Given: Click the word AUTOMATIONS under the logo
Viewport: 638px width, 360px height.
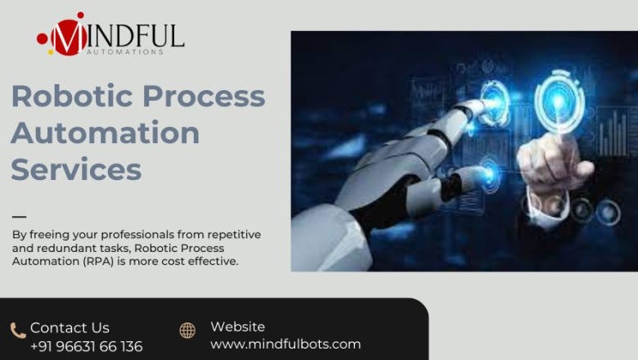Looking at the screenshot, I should click(x=125, y=52).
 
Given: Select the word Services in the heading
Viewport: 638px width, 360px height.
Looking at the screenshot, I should click(x=76, y=169).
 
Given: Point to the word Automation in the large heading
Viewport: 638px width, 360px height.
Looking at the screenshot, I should click(x=106, y=133).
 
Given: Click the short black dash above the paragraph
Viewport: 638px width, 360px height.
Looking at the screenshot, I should click(x=19, y=217).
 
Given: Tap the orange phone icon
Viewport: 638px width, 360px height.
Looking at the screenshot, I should click(x=18, y=331).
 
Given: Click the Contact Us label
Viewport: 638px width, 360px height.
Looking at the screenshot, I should click(x=70, y=328).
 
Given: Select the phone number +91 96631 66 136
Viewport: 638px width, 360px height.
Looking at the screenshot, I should click(x=86, y=346).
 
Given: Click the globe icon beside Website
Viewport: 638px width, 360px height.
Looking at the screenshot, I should click(x=187, y=331).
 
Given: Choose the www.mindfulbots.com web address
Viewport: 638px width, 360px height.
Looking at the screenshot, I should click(x=285, y=344).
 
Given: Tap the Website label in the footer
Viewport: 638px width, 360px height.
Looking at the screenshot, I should click(x=237, y=326).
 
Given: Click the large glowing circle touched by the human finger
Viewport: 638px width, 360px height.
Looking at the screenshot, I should click(x=559, y=102).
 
